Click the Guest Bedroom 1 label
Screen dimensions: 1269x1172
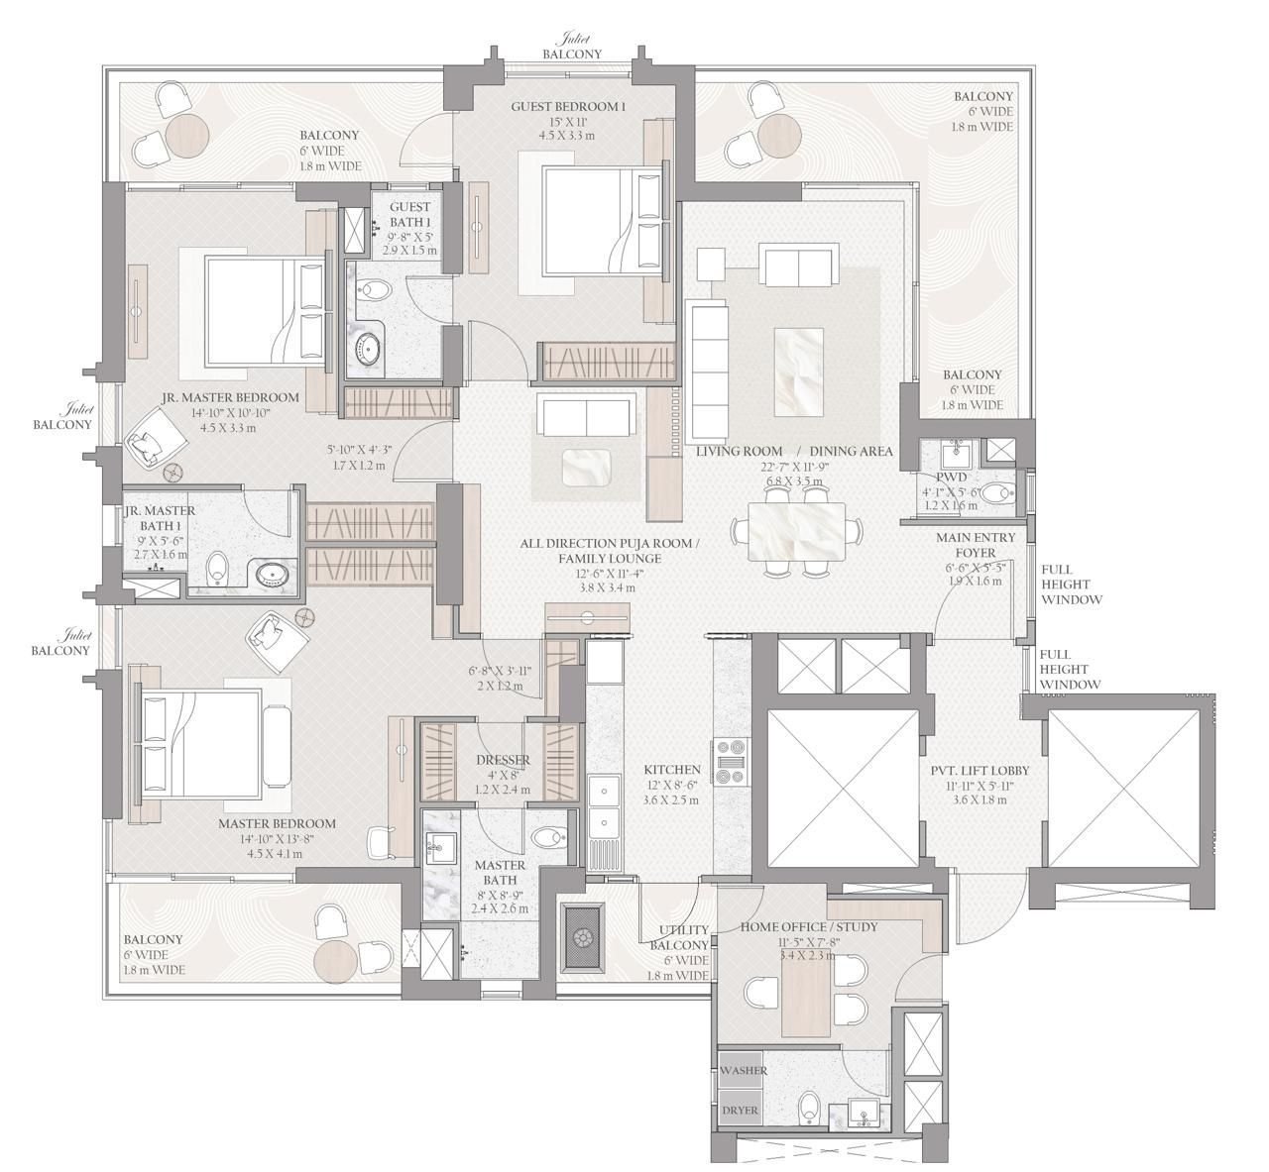(568, 107)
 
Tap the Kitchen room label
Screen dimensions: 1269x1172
(672, 770)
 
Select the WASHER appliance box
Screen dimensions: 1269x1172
(740, 1070)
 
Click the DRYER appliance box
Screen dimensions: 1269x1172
(740, 1111)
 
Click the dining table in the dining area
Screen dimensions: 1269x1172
(796, 532)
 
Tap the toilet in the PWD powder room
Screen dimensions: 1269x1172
(996, 492)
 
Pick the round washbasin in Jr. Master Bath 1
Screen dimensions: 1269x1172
(273, 575)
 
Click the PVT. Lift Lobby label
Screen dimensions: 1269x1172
(980, 771)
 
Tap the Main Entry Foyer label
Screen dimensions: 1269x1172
(976, 545)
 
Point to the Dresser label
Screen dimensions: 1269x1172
(503, 760)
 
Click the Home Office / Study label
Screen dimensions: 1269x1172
(809, 926)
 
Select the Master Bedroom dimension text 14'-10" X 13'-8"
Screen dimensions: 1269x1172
(277, 839)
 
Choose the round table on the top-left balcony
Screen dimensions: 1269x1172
(187, 135)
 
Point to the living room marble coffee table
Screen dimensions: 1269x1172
(799, 373)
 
